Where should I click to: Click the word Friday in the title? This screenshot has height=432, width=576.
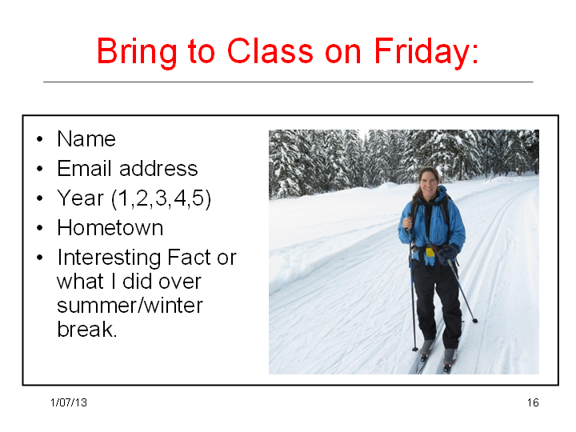pyautogui.click(x=426, y=53)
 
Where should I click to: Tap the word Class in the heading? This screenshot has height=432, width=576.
pyautogui.click(x=270, y=50)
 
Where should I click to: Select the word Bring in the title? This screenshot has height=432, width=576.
pyautogui.click(x=137, y=53)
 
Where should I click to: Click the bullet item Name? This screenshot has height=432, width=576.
pyautogui.click(x=86, y=139)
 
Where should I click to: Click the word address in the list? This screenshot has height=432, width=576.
pyautogui.click(x=158, y=168)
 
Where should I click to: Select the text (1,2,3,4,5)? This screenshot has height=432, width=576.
pyautogui.click(x=162, y=198)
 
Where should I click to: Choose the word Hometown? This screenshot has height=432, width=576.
pyautogui.click(x=110, y=228)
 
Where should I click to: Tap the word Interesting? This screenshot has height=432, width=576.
pyautogui.click(x=109, y=258)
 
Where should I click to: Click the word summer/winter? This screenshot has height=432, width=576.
pyautogui.click(x=130, y=306)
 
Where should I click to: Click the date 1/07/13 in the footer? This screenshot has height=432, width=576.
pyautogui.click(x=69, y=402)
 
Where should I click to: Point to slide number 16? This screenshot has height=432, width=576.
pyautogui.click(x=533, y=402)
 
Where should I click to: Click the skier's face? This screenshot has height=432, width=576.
pyautogui.click(x=429, y=182)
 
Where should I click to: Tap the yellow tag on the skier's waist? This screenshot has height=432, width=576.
pyautogui.click(x=430, y=252)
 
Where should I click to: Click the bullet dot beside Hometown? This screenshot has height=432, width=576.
pyautogui.click(x=40, y=228)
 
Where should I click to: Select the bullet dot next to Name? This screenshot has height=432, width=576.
pyautogui.click(x=40, y=139)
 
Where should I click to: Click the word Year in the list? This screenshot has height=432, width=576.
pyautogui.click(x=81, y=198)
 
